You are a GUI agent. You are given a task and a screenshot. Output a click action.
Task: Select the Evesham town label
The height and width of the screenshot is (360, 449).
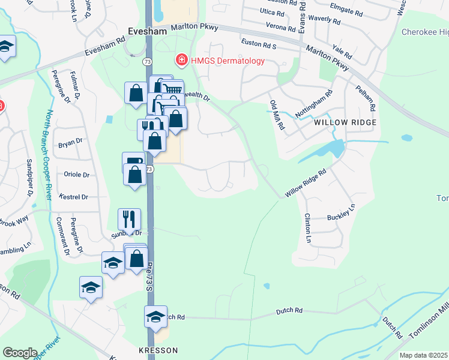coord(148,31)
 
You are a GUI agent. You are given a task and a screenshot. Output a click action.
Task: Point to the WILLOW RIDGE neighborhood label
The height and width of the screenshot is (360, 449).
coord(345,122)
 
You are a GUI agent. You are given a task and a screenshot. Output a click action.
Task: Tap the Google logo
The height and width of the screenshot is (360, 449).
coord(20,353)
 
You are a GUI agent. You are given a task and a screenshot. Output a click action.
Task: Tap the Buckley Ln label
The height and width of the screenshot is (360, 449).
coord(341,212)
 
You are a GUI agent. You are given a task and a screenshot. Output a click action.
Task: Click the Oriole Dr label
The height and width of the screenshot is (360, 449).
coord(76,175)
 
